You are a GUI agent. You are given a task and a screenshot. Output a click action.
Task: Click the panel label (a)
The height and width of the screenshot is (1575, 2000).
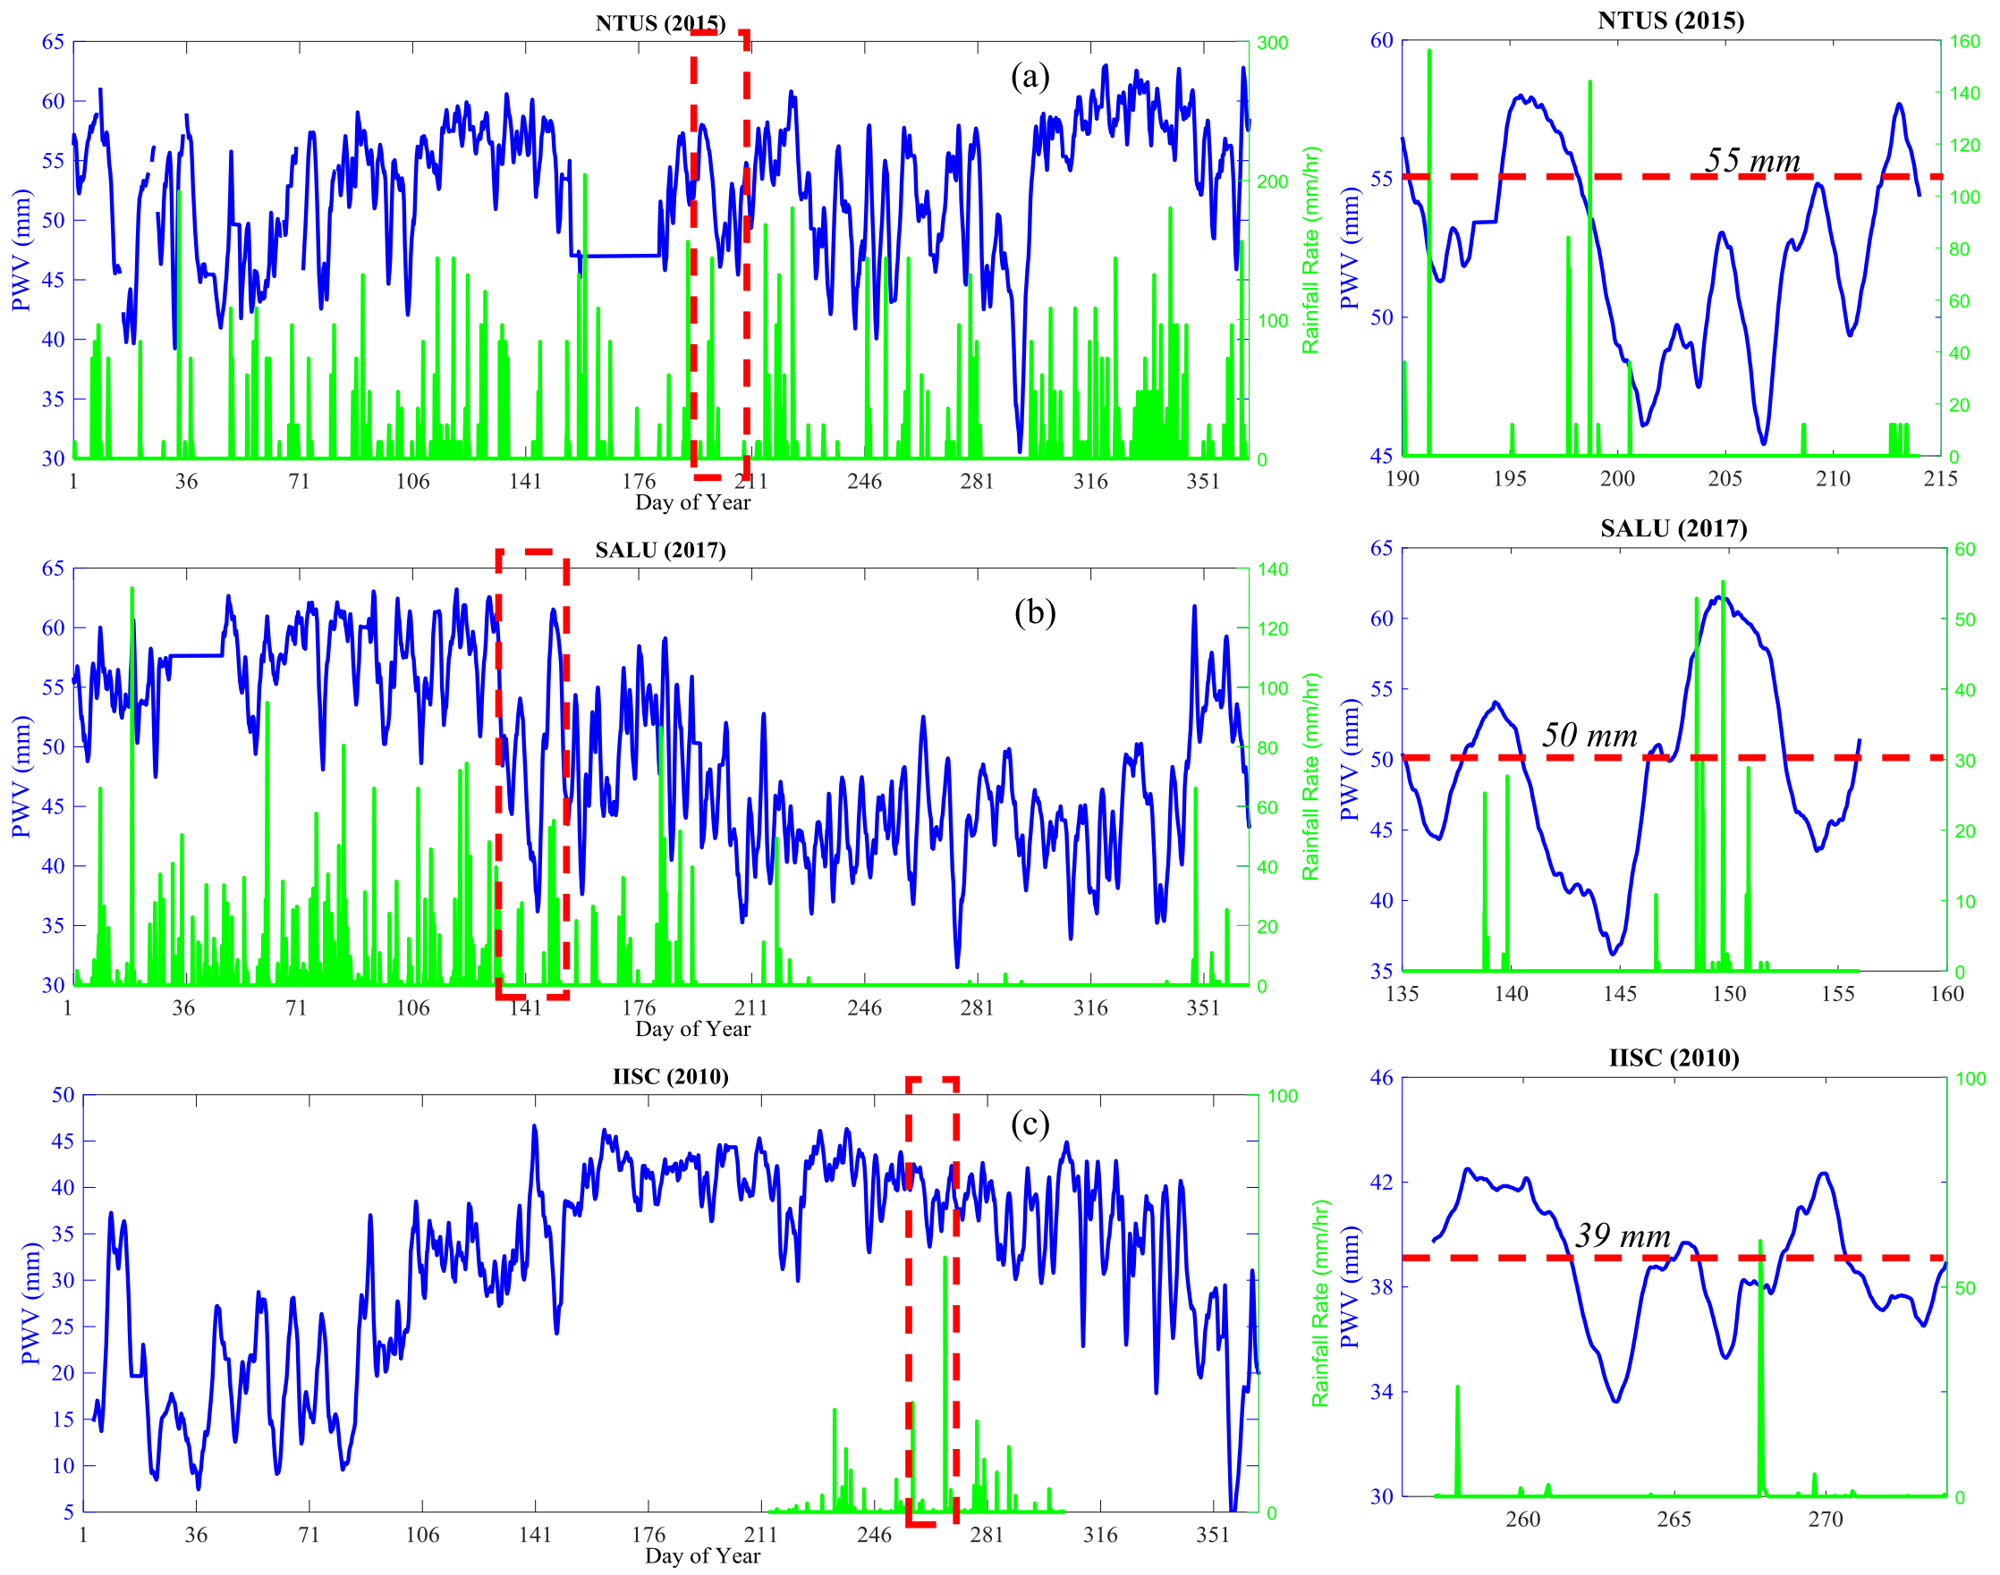1030,77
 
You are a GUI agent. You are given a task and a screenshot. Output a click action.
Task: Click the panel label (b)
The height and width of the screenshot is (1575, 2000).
1034,612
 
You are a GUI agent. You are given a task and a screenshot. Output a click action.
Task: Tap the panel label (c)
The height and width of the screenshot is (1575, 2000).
1030,1124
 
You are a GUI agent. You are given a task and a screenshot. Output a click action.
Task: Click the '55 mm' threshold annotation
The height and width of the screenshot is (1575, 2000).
1752,161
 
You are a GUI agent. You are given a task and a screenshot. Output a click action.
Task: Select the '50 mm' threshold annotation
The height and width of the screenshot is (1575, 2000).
1589,735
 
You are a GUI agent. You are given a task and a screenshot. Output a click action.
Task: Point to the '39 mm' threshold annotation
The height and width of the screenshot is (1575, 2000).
1623,1235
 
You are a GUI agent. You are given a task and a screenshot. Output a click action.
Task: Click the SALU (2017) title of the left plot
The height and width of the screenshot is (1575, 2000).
659,551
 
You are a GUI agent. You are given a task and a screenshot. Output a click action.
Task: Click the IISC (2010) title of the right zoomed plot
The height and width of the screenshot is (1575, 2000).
1674,1057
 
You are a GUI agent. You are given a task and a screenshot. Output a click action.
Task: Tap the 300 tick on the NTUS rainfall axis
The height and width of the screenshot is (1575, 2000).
1272,43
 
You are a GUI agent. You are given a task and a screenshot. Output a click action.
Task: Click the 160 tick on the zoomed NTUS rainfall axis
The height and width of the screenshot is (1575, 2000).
1965,41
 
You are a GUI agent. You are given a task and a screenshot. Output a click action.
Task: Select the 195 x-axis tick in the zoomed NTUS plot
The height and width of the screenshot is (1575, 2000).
1510,478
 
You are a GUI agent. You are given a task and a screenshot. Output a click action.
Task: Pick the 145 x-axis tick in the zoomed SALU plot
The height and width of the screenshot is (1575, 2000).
1620,994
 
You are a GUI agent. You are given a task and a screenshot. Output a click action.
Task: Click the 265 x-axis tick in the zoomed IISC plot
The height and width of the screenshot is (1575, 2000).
1674,1520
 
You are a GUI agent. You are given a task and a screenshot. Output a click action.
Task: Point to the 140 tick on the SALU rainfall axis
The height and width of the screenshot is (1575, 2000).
1272,570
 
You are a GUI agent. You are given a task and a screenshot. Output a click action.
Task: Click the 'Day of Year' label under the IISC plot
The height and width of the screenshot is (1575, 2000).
702,1556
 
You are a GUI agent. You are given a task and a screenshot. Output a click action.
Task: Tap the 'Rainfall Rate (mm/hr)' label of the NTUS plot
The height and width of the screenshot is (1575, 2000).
1311,250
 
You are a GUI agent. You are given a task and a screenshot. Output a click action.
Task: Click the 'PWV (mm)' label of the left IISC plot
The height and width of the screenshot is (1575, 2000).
30,1303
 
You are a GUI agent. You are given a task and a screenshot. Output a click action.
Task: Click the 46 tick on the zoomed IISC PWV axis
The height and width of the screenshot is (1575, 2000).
1381,1077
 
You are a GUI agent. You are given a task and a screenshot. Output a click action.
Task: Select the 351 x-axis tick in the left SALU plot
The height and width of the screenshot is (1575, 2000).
1202,1008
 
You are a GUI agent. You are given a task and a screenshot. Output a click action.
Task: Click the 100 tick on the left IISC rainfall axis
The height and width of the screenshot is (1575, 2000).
1283,1097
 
